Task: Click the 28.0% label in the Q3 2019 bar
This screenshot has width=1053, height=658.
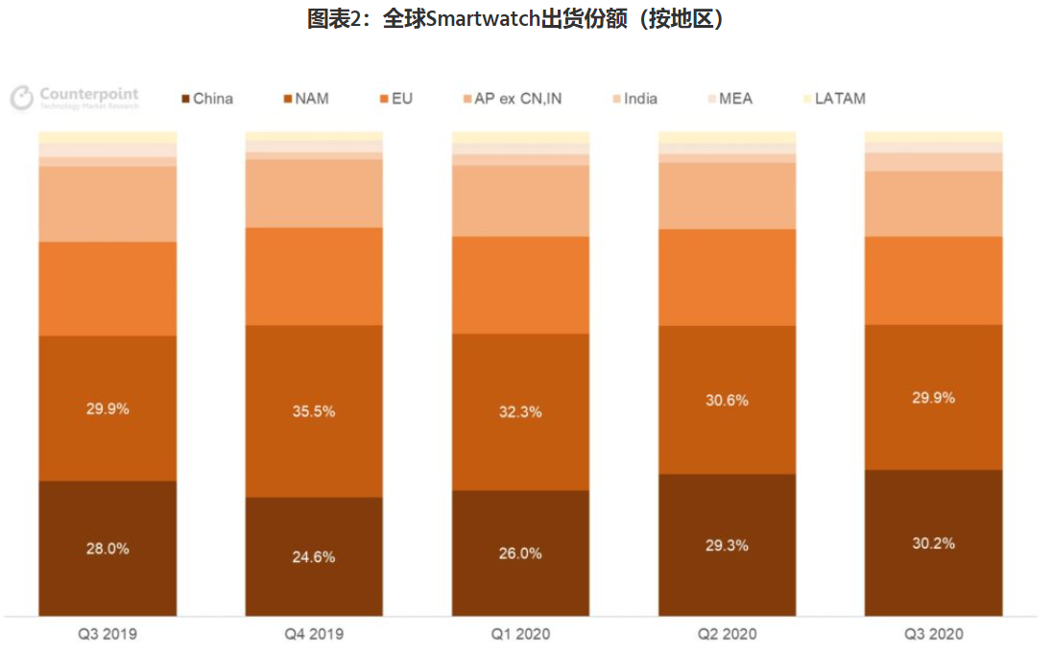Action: coord(108,549)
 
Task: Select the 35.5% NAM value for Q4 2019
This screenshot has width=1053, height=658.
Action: coord(313,411)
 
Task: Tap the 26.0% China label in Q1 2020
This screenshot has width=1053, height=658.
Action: coord(520,552)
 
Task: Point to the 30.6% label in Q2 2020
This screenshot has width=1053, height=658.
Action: coord(727,400)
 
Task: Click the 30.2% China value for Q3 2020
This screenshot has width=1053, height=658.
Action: coord(933,543)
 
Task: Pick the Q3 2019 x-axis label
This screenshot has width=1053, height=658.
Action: coord(108,634)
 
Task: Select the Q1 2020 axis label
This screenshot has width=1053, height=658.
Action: coord(520,634)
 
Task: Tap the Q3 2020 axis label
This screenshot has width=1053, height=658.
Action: coord(933,634)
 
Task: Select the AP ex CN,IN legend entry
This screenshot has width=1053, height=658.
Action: coord(517,99)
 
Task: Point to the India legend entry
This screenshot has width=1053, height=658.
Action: coord(639,99)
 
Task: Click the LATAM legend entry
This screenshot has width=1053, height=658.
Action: coord(839,99)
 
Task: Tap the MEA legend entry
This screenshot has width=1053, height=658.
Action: coord(734,99)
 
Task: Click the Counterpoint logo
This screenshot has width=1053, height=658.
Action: coord(75,98)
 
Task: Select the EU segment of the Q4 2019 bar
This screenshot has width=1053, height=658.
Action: coord(313,276)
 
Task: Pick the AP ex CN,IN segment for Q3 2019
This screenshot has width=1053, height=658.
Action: coord(108,203)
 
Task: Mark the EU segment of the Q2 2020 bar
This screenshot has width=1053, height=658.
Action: coord(727,277)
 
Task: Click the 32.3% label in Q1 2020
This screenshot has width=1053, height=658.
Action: coord(520,411)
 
